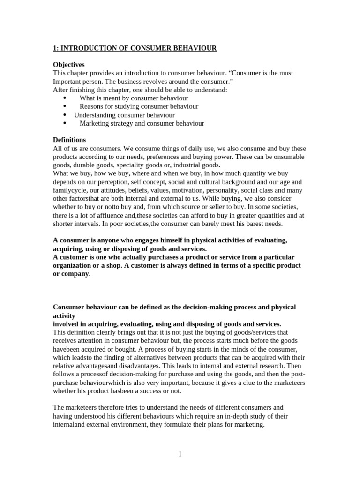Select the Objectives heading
pos(68,65)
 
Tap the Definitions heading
pos(69,140)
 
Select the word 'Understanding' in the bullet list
pos(94,115)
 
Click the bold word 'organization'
pos(74,265)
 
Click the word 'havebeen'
pos(67,349)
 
